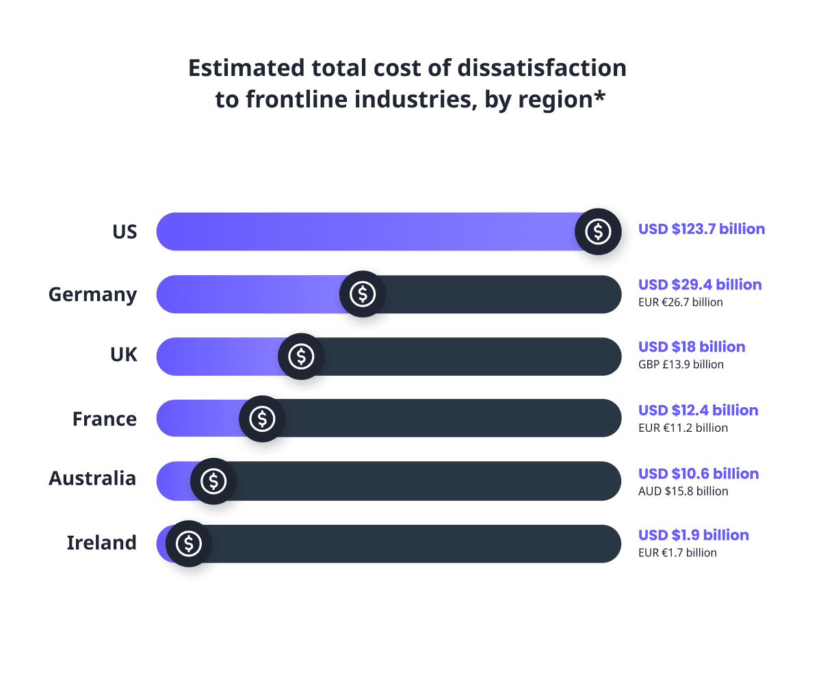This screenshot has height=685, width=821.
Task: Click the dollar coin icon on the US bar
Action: (599, 231)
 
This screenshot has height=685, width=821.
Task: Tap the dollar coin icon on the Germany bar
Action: (363, 294)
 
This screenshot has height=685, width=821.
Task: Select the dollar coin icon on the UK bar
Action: (301, 356)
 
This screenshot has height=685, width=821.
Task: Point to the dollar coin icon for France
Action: (262, 418)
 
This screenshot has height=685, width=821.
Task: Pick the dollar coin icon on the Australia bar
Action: (213, 481)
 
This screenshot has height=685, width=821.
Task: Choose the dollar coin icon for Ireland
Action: (189, 543)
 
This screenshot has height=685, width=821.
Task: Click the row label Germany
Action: (92, 295)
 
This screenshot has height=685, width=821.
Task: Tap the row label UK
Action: (123, 355)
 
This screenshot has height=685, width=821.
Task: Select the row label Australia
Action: (92, 478)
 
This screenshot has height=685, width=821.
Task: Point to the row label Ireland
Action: (101, 543)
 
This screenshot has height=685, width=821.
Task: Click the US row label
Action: (125, 232)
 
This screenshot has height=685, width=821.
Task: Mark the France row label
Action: (104, 418)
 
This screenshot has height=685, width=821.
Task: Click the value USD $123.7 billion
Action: (701, 229)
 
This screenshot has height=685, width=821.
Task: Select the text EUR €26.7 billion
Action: (680, 302)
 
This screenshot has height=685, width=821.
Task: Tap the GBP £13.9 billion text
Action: (681, 365)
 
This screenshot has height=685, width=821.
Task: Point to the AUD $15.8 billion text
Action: (683, 491)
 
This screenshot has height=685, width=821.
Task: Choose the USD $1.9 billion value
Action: (694, 535)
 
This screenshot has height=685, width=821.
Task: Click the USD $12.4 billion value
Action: (698, 411)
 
